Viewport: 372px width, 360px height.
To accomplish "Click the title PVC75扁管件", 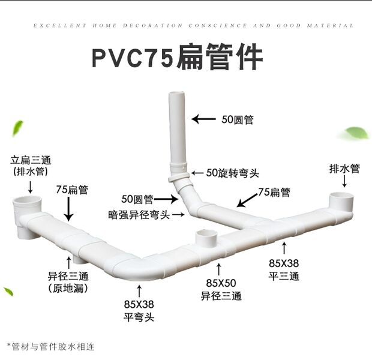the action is coord(178,57).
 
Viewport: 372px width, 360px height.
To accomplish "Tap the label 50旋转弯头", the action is coord(232,173).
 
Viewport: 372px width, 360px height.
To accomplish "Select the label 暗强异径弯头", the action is coord(139,215).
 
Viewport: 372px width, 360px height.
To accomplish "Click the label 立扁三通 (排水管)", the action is coord(31,166).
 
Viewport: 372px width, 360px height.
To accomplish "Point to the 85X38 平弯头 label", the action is coord(139,310).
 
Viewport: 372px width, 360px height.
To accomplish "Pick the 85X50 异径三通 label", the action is coord(221,289).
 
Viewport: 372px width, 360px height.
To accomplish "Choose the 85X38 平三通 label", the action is coord(284,269).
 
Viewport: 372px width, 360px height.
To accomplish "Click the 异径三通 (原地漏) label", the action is coord(68,282).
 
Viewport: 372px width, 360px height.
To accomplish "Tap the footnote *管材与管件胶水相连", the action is coord(51,347).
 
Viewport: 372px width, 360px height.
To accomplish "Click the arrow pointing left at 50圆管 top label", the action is coord(203,119).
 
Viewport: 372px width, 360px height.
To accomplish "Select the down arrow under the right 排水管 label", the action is coord(344,182).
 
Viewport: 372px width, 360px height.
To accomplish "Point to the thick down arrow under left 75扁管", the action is coord(69,209).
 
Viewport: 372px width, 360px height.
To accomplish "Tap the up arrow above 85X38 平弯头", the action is coord(139,291).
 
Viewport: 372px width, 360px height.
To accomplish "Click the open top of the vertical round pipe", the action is coord(176,94).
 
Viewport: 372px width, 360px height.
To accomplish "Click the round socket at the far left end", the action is coord(27,214).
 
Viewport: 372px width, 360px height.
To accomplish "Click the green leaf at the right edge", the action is coord(355,133).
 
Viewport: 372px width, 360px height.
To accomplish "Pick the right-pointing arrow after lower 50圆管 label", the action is coord(166,199).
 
